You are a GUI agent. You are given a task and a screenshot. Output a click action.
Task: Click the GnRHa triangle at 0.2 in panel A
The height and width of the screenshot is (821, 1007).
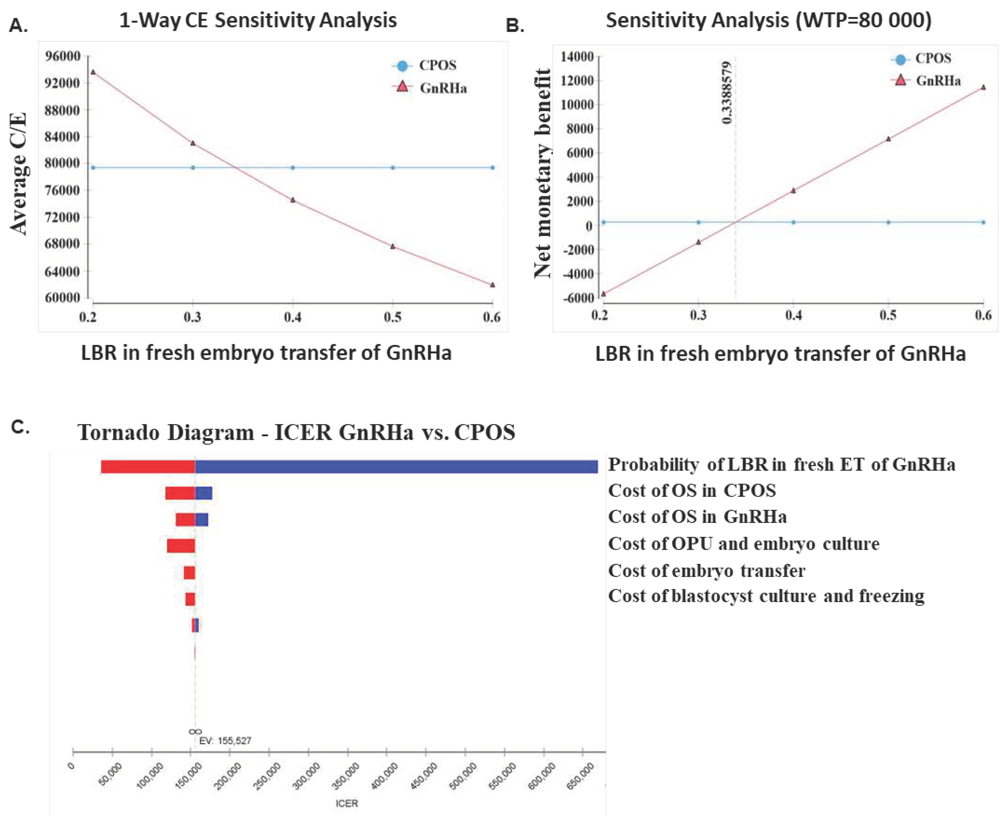93,72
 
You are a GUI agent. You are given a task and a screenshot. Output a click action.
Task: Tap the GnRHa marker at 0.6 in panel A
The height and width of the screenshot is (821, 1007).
492,285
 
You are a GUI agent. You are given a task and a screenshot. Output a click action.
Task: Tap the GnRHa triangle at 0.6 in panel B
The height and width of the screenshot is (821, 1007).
983,87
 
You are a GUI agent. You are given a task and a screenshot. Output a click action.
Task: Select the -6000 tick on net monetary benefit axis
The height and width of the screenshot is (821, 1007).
577,298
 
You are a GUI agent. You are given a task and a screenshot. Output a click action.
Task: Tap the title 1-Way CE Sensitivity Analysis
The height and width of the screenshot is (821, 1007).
258,20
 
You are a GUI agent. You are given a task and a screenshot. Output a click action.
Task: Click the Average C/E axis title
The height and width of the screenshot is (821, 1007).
19,174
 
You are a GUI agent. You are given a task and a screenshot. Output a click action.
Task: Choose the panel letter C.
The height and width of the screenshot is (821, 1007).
20,427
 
